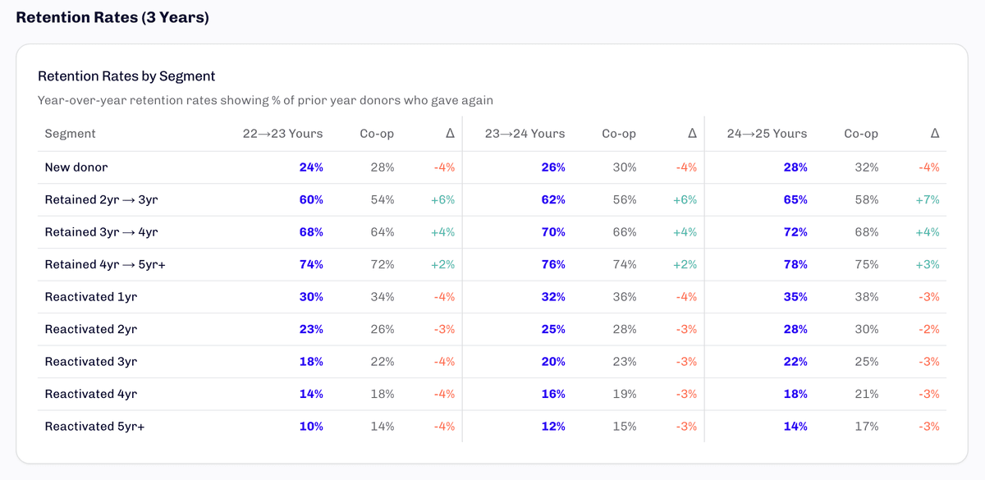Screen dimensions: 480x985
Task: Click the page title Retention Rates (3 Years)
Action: tap(112, 17)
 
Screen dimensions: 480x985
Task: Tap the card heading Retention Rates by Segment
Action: tap(126, 76)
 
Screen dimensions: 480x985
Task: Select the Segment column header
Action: tap(70, 134)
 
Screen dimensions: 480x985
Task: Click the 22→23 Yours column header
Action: tap(282, 134)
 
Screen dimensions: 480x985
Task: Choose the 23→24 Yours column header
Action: tap(525, 134)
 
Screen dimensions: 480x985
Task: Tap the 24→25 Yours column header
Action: tap(767, 134)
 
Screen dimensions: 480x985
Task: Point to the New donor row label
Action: tap(76, 167)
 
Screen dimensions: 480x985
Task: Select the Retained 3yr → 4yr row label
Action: tap(101, 232)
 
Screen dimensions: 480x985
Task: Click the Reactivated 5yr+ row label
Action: tap(94, 427)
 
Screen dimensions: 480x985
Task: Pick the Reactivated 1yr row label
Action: tap(90, 297)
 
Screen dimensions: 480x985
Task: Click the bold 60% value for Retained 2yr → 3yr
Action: tap(311, 199)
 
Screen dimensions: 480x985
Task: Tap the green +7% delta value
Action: tap(928, 199)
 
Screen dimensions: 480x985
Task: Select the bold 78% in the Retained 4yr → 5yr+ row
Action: tap(795, 264)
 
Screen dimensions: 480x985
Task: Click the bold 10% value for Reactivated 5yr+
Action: tap(311, 427)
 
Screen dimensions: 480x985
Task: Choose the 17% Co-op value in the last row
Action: tap(866, 427)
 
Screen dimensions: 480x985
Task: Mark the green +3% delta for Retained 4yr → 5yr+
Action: tap(928, 264)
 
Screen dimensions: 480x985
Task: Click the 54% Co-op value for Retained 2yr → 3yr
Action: tap(382, 199)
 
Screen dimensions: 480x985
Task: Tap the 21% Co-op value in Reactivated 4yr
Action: tap(866, 394)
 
